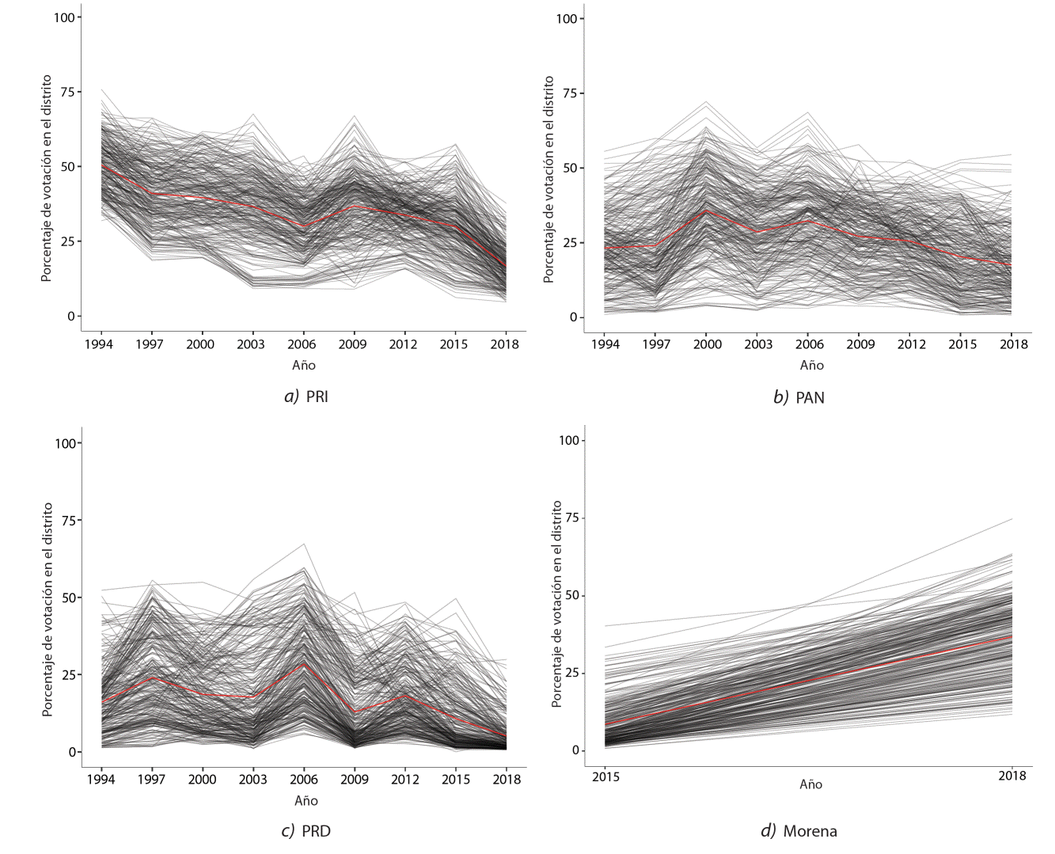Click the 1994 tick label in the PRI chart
(x=99, y=344)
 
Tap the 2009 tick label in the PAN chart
(x=860, y=344)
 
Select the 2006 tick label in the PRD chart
(x=304, y=780)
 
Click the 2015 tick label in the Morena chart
(x=605, y=776)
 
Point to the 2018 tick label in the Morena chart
(x=1011, y=776)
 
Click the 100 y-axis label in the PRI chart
(x=64, y=17)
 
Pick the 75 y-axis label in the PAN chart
(x=570, y=93)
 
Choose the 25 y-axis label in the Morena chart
(x=570, y=673)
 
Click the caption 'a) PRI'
(x=305, y=397)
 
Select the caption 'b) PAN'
(x=799, y=397)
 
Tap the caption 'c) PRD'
(x=305, y=831)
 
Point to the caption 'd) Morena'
(x=799, y=831)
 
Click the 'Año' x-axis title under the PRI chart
(x=303, y=366)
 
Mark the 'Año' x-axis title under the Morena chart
(x=810, y=784)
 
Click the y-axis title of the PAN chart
(x=548, y=180)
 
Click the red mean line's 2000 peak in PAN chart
(x=707, y=211)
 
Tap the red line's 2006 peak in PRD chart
(x=304, y=663)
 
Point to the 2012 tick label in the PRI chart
(x=403, y=344)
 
